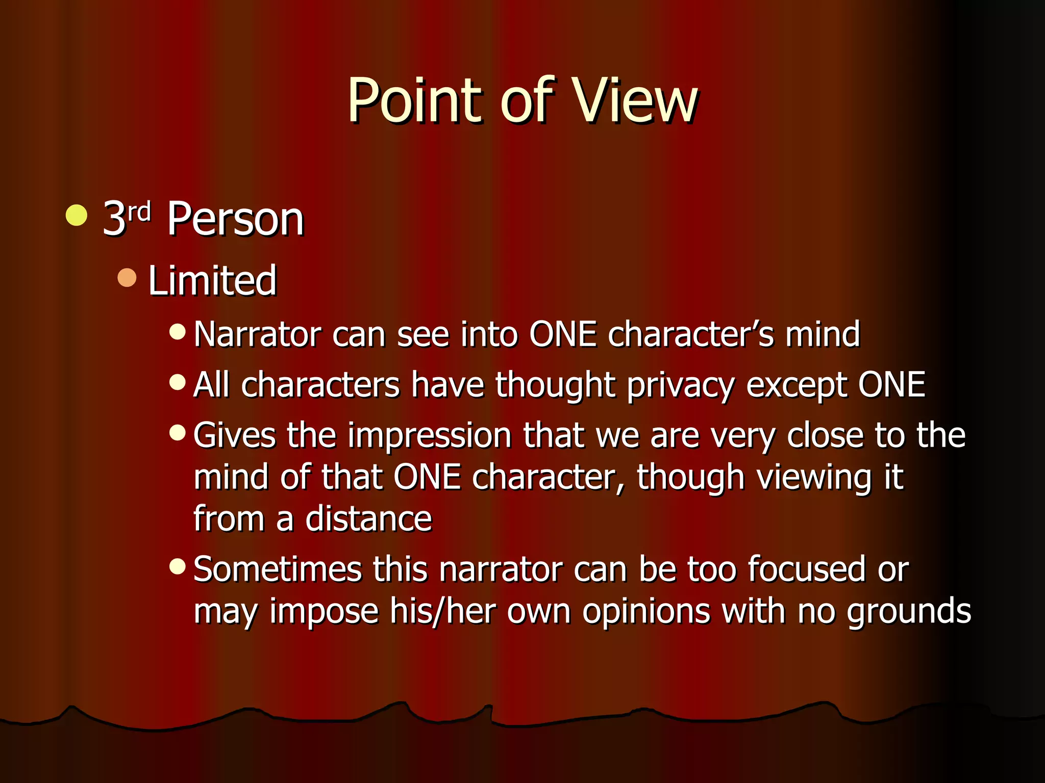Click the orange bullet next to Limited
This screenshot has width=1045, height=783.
coord(127,278)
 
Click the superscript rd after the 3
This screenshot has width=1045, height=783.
coord(139,212)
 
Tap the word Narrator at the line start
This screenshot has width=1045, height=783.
coord(257,335)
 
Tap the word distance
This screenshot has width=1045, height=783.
coord(368,519)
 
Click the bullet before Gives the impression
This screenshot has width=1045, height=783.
coord(177,433)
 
